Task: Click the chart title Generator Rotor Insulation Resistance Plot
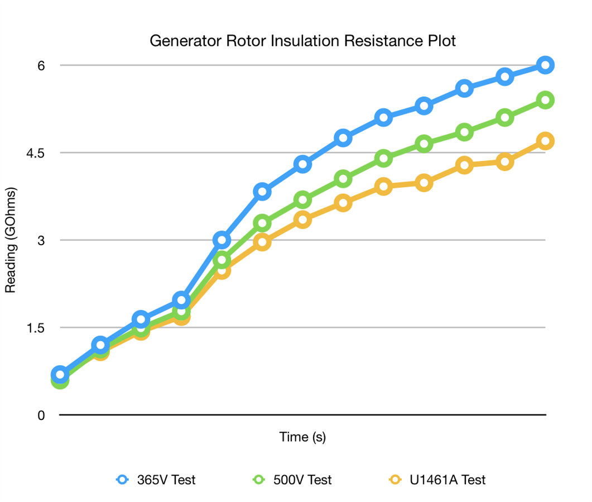(x=302, y=41)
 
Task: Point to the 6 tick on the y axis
(x=41, y=65)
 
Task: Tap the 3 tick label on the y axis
(x=41, y=240)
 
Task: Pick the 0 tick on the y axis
(x=41, y=415)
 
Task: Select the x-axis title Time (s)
(x=302, y=437)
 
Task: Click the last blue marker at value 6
(x=545, y=65)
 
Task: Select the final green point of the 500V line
(x=545, y=100)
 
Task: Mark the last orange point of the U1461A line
(x=545, y=141)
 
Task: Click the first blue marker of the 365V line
(x=60, y=375)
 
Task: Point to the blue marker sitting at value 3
(x=222, y=240)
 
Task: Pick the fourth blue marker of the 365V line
(x=181, y=300)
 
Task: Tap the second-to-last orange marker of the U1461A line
(x=504, y=162)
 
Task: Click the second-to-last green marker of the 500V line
(x=504, y=118)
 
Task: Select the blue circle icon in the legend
(x=122, y=480)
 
